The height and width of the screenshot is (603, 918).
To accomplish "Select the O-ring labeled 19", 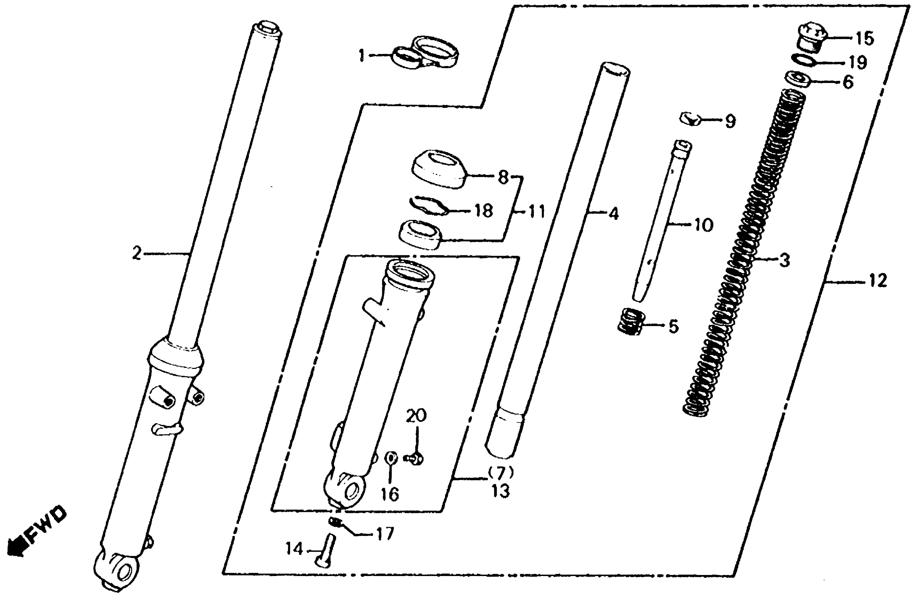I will [804, 61].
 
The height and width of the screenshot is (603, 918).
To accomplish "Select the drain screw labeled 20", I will [414, 459].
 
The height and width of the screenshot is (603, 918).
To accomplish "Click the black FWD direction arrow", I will [16, 547].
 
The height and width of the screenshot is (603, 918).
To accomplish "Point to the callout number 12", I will [878, 281].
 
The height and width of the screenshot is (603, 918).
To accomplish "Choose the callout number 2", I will [137, 254].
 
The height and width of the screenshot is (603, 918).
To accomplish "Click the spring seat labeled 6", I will [800, 80].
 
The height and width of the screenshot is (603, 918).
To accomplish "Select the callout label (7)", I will [501, 472].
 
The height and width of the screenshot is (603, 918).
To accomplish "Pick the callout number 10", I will [703, 225].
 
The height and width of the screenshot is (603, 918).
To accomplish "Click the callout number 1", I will [361, 56].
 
